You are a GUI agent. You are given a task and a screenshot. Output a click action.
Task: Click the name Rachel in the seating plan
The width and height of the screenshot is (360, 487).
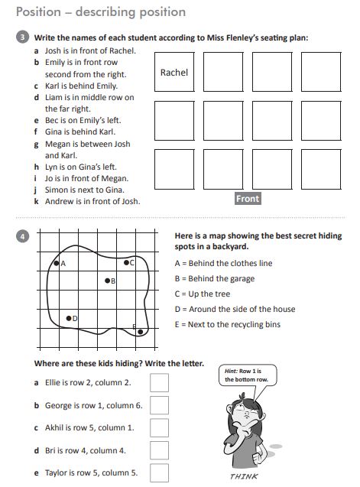pyautogui.click(x=174, y=73)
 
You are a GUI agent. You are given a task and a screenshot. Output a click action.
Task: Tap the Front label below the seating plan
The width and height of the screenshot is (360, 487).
pyautogui.click(x=248, y=198)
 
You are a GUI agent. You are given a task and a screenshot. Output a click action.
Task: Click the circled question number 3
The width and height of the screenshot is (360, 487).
pyautogui.click(x=22, y=37)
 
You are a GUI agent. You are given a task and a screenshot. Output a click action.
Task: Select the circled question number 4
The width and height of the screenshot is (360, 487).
pyautogui.click(x=22, y=237)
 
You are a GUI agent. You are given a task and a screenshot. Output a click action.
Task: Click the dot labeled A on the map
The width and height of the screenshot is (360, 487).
pyautogui.click(x=56, y=263)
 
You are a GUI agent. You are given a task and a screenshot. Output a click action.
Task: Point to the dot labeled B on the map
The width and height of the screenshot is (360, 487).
pyautogui.click(x=107, y=281)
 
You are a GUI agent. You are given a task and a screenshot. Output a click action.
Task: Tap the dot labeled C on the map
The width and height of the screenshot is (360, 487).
pyautogui.click(x=127, y=262)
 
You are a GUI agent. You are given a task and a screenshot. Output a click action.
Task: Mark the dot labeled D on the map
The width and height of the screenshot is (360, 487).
pyautogui.click(x=69, y=317)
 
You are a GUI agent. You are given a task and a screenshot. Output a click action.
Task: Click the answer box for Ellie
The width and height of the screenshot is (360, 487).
pyautogui.click(x=159, y=382)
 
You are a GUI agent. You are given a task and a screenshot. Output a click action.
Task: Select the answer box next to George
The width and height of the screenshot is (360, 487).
pyautogui.click(x=159, y=405)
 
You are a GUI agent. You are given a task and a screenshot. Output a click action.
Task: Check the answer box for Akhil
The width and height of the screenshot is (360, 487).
pyautogui.click(x=159, y=427)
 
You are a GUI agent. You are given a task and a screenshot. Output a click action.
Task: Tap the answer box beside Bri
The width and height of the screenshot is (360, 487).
pyautogui.click(x=159, y=450)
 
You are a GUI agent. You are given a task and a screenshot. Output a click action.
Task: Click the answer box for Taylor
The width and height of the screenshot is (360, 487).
pyautogui.click(x=159, y=472)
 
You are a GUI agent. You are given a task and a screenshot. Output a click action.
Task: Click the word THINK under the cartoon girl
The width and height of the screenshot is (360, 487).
pyautogui.click(x=245, y=476)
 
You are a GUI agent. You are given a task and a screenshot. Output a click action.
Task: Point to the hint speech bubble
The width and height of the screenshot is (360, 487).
pyautogui.click(x=246, y=375)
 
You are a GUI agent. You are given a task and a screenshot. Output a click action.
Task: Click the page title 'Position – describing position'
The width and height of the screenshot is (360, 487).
pyautogui.click(x=100, y=11)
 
